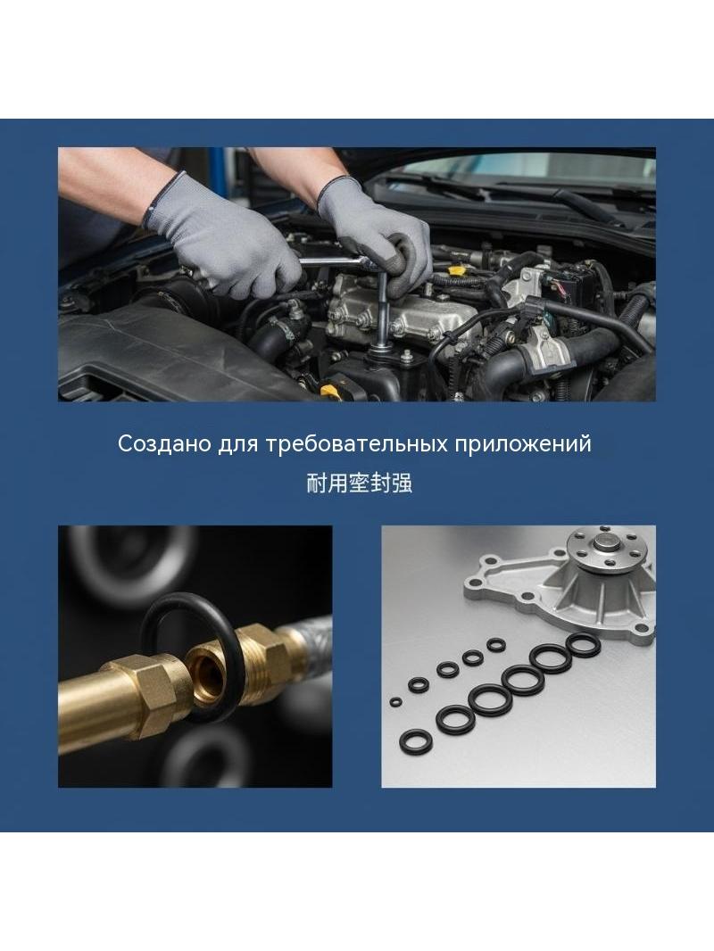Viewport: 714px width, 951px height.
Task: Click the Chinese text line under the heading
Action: (359, 484)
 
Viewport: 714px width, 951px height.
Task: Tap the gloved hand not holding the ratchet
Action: (224, 236)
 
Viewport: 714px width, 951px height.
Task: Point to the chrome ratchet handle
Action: (334, 262)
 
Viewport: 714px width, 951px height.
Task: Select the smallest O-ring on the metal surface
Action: (395, 702)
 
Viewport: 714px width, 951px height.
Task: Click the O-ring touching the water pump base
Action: (583, 645)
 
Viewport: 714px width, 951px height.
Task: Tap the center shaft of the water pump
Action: (607, 541)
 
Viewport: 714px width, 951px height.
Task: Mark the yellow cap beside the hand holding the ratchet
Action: (456, 268)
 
